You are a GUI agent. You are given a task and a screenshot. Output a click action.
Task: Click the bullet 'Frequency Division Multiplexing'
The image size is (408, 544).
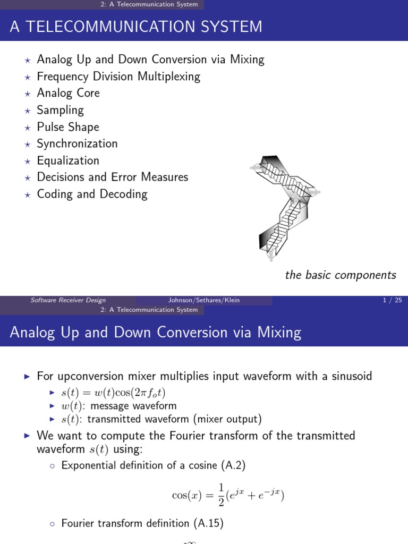(118, 76)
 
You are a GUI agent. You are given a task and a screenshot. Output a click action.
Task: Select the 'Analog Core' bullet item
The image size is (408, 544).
(68, 93)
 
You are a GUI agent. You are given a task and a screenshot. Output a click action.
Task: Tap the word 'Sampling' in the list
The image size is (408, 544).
(60, 110)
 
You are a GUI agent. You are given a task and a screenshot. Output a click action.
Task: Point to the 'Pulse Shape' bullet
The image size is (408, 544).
(67, 127)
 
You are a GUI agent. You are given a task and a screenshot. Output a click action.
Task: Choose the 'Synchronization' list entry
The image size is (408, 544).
(77, 143)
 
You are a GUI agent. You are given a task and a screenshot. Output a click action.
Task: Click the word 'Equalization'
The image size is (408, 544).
(67, 160)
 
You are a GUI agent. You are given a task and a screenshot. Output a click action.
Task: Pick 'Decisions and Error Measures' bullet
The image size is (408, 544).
(112, 177)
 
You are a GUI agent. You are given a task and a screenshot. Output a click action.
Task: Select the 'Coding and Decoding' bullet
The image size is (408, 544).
(92, 194)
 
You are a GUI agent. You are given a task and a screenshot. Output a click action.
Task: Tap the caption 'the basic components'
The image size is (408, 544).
(341, 275)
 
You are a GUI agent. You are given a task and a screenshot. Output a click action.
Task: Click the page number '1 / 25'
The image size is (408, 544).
(392, 300)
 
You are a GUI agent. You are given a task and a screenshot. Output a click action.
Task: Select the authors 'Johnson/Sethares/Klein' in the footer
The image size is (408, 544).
(204, 300)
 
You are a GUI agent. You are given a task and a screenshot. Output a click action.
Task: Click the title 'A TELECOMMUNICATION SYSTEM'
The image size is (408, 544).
(136, 26)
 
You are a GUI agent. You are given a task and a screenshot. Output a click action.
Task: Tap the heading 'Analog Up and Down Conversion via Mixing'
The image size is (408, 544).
(156, 333)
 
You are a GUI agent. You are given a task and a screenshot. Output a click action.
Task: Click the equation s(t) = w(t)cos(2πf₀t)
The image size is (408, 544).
(114, 393)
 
